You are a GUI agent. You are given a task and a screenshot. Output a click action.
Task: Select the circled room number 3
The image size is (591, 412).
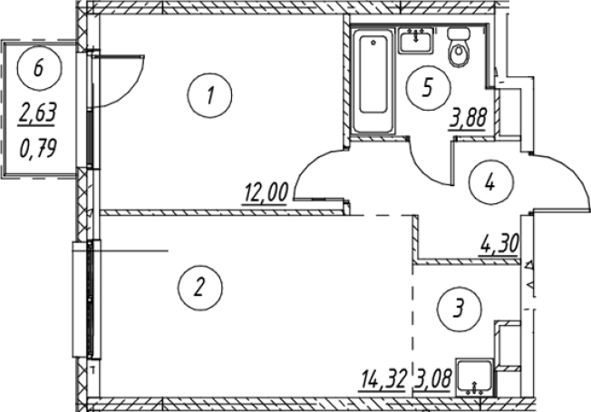click(461, 308)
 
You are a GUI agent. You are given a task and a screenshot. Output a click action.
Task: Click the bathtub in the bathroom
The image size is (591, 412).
click(371, 83)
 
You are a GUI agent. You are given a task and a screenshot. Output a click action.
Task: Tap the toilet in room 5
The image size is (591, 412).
click(460, 50)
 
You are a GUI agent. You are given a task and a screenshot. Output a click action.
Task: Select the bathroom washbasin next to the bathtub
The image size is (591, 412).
click(416, 41)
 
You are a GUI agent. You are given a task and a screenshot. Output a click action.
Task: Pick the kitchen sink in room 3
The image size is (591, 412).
click(476, 376)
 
